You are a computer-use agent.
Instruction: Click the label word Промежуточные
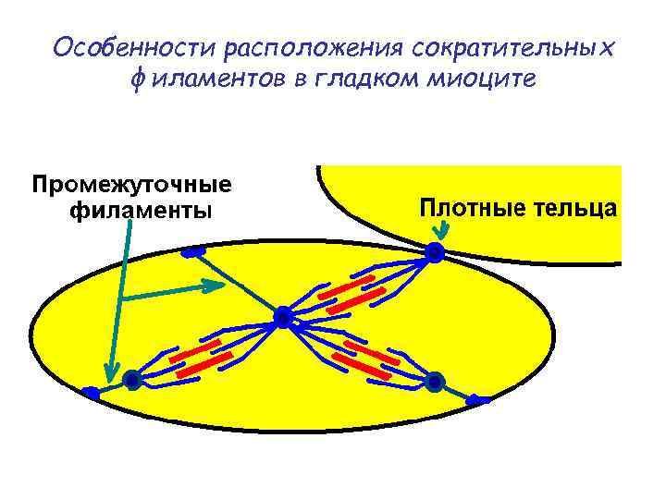(x=132, y=184)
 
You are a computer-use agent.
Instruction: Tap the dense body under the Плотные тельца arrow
(x=435, y=251)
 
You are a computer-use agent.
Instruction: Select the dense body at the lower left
(x=132, y=379)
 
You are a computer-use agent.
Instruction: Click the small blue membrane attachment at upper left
(x=193, y=251)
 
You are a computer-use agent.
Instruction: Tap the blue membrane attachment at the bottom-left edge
(x=91, y=394)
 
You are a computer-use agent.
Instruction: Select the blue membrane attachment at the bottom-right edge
(x=477, y=399)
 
